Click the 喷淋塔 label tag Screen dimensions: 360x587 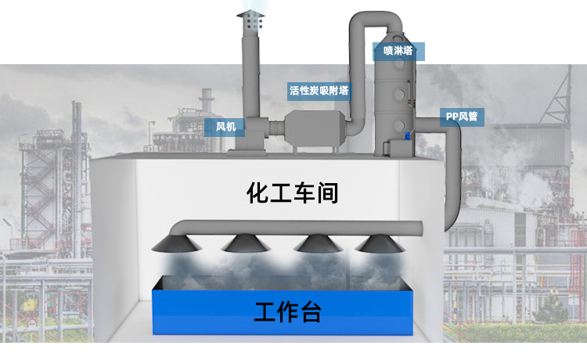point(398,52)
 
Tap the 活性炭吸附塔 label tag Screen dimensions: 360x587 point(319,91)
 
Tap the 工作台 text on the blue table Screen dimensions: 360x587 point(287,313)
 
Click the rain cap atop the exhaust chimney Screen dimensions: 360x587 point(252,20)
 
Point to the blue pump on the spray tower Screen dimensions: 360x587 point(407,138)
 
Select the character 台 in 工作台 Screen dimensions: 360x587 point(310,313)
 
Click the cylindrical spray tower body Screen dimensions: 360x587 point(398,102)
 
